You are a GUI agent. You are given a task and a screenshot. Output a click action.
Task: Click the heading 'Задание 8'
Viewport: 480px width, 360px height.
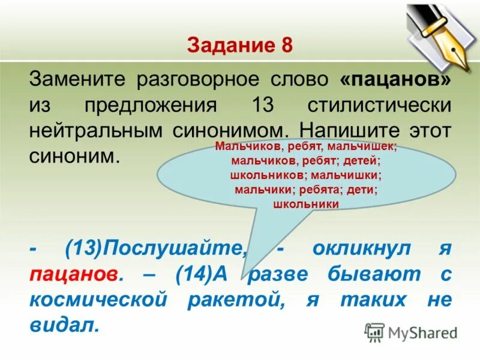pyautogui.click(x=239, y=46)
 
